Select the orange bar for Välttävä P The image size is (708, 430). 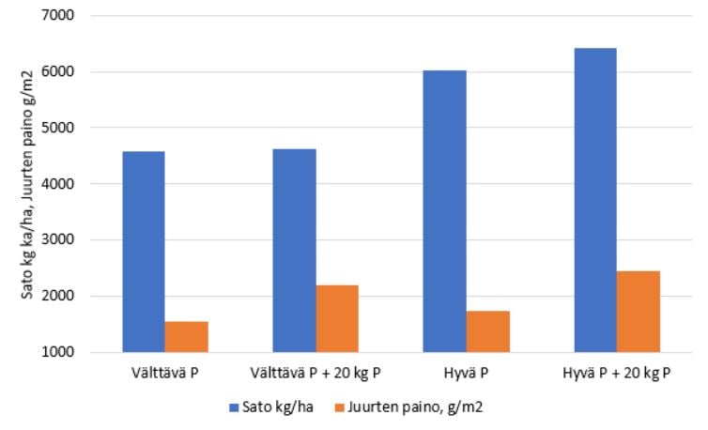point(186,336)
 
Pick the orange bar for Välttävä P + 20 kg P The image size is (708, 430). point(337,318)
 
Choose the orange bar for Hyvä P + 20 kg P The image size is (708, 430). point(639,311)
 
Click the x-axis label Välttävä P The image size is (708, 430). point(164,372)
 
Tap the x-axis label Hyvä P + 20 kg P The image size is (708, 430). point(617,372)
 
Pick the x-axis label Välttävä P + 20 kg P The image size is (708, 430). point(316,372)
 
